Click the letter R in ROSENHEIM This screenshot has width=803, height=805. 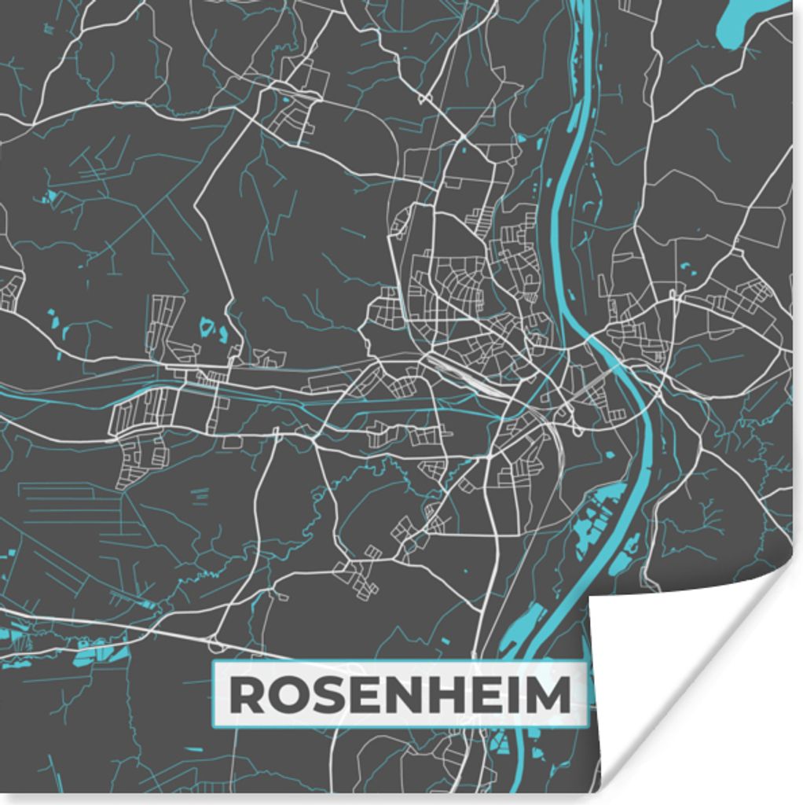pos(245,696)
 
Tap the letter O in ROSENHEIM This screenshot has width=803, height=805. pos(285,696)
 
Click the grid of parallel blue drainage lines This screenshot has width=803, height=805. pos(63,503)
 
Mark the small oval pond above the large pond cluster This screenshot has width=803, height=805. pos(608,454)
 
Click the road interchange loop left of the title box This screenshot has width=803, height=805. pos(217,646)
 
